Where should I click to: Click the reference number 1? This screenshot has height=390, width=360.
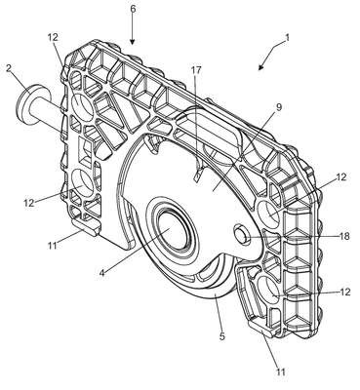pyautogui.click(x=286, y=37)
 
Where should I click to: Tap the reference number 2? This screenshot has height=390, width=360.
pyautogui.click(x=10, y=68)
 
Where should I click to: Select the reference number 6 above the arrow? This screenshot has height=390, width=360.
pyautogui.click(x=133, y=9)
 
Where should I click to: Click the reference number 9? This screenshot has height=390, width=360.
pyautogui.click(x=279, y=106)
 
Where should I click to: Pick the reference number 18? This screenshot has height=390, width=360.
pyautogui.click(x=344, y=236)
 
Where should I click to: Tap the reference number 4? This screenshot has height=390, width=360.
pyautogui.click(x=102, y=272)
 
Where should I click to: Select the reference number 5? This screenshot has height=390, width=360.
pyautogui.click(x=221, y=335)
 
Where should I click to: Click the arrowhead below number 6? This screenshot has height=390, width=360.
pyautogui.click(x=133, y=41)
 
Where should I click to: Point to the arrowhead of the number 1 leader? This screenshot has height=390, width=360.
pyautogui.click(x=260, y=67)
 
